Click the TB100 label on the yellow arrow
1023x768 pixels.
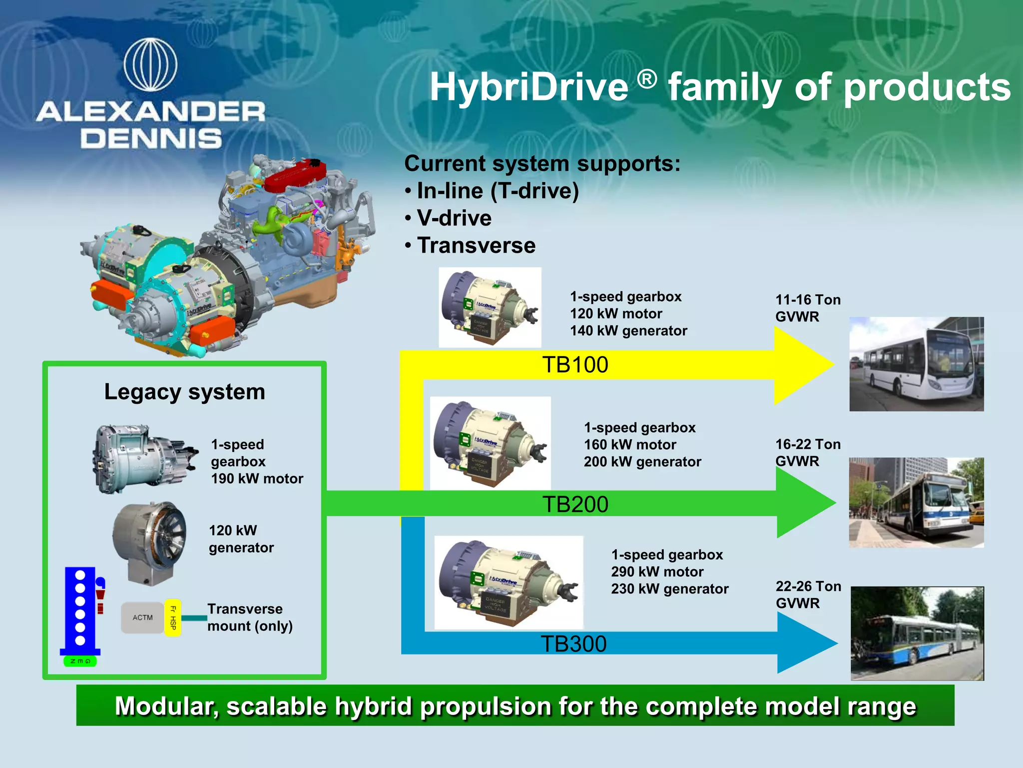tap(575, 364)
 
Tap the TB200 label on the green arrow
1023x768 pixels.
tap(575, 504)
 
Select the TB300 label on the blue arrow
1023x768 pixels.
tap(573, 643)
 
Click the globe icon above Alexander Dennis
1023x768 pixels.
tap(150, 65)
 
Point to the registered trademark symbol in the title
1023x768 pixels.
tap(647, 79)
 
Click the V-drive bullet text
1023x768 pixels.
tap(454, 218)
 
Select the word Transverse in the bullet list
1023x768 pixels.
tap(476, 245)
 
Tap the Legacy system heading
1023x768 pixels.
tap(184, 391)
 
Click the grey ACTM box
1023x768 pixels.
tap(142, 617)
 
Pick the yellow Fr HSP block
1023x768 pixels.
tap(172, 617)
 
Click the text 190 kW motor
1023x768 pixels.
tap(257, 478)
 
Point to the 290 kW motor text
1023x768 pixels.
tap(657, 571)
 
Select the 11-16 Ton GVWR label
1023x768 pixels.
tap(807, 308)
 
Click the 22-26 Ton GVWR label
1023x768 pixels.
tap(808, 594)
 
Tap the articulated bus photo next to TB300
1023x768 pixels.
tap(917, 633)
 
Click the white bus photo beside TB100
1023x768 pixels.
tap(916, 364)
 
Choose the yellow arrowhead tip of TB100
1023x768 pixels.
tap(824, 364)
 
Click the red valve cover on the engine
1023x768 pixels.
tap(295, 175)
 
